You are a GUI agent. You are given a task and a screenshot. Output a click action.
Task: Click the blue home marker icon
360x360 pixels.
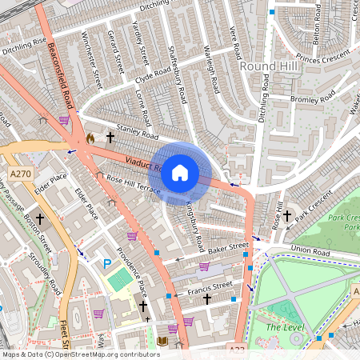(x=180, y=173)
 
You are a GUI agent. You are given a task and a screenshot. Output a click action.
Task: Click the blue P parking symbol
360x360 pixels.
(x=106, y=263)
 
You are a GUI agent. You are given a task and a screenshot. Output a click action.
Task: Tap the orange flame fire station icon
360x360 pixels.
(x=90, y=138)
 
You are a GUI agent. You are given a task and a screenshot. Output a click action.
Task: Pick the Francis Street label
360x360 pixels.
(x=212, y=286)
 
